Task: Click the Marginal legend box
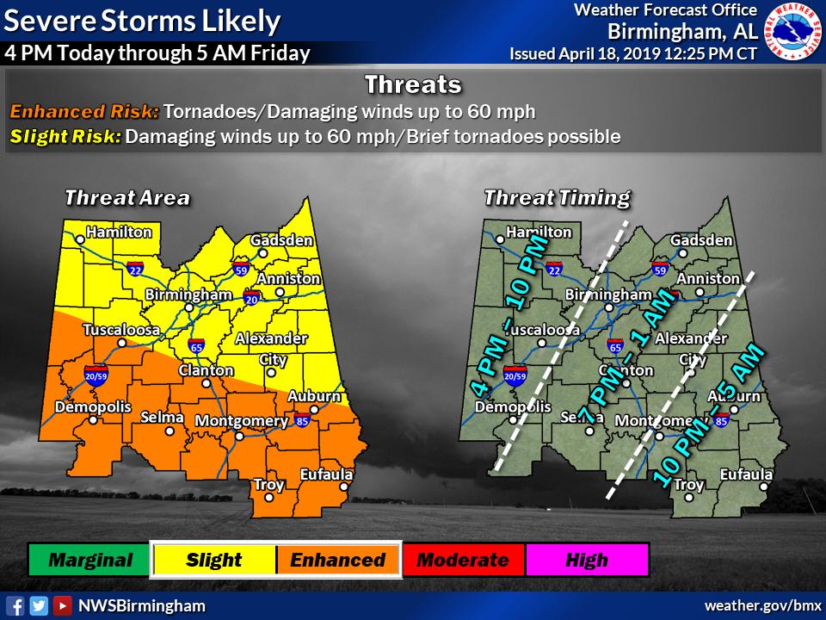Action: (89, 560)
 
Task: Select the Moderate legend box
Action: (462, 560)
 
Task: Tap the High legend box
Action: (587, 560)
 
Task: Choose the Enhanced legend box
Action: (337, 560)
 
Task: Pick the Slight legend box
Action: (213, 560)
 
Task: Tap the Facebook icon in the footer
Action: (15, 605)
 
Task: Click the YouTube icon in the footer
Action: (61, 605)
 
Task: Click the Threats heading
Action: (413, 85)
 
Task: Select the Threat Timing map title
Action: (557, 197)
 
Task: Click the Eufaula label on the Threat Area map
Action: (326, 474)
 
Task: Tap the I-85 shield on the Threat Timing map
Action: (721, 421)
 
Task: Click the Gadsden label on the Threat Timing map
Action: (701, 240)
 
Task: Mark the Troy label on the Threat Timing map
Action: (688, 485)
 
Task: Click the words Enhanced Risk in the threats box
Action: (84, 112)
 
